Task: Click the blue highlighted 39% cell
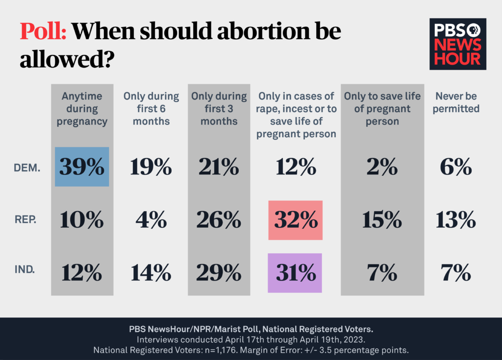point(82,167)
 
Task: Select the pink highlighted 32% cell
point(296,220)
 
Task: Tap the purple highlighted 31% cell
point(295,273)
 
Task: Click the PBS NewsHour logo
point(458,44)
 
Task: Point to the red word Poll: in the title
point(43,32)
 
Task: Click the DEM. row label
point(26,168)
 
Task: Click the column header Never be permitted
point(454,102)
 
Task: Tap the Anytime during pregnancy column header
point(82,109)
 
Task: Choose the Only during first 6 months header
point(151,109)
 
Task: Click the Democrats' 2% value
point(382,168)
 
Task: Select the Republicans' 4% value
point(151,221)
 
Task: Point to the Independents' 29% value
point(219,273)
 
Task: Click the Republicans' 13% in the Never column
point(455,221)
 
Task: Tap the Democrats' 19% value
point(151,168)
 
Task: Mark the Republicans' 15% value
point(382,221)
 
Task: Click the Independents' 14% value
point(151,273)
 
